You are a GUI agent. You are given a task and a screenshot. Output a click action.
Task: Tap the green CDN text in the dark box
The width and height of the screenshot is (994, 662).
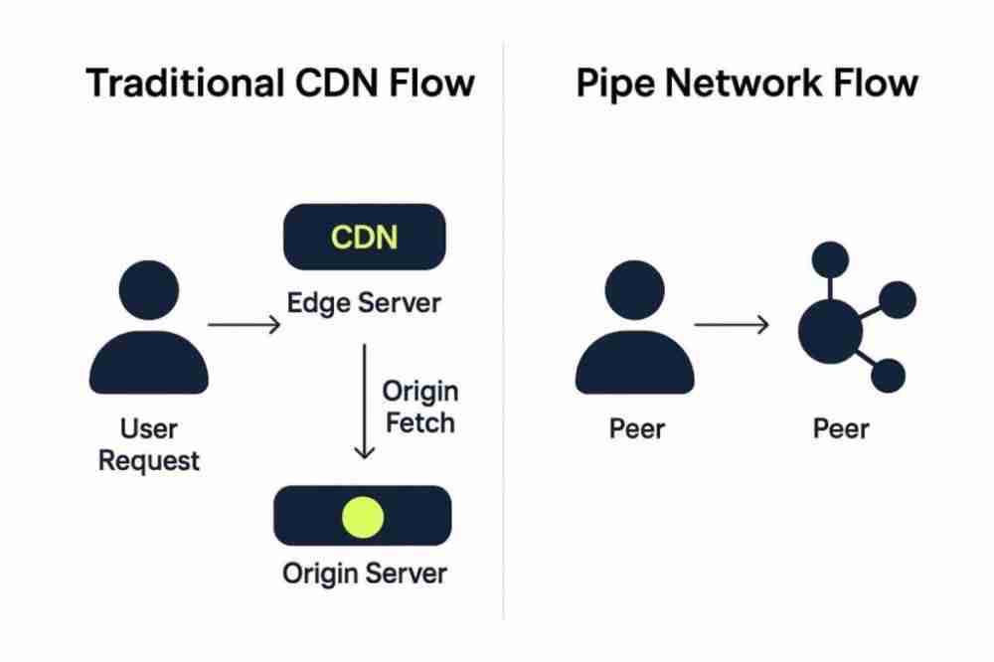pyautogui.click(x=364, y=238)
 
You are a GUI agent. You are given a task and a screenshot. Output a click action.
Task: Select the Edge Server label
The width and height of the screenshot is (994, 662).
pyautogui.click(x=364, y=302)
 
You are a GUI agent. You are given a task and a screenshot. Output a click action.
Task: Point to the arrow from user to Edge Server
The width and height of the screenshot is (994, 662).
pyautogui.click(x=245, y=324)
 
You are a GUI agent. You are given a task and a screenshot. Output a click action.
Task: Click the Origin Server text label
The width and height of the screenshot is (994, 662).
pyautogui.click(x=364, y=574)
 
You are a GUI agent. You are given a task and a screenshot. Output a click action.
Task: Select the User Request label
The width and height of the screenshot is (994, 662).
pyautogui.click(x=149, y=444)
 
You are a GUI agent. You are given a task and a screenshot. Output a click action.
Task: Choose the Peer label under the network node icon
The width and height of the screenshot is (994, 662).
pyautogui.click(x=841, y=429)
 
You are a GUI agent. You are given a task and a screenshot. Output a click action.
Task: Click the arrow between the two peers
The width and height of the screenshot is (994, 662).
pyautogui.click(x=732, y=324)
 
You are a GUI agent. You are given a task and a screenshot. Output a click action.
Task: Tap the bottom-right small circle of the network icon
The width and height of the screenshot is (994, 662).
pyautogui.click(x=887, y=376)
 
